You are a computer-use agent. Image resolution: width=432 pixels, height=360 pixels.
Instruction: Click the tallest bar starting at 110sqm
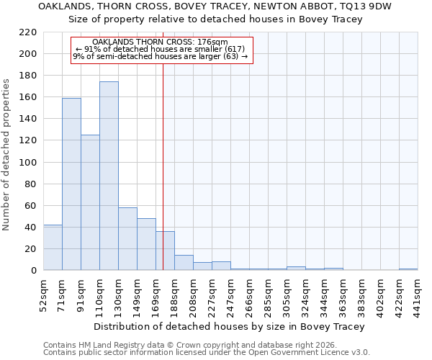click(109, 176)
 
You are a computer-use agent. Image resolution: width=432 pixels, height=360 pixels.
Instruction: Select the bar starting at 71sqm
click(71, 184)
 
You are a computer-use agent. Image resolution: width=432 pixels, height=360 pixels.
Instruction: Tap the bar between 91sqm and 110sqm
click(90, 202)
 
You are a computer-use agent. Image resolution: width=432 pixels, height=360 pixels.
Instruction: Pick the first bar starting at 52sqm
click(53, 248)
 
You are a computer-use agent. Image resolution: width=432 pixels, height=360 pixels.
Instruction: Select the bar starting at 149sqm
click(146, 244)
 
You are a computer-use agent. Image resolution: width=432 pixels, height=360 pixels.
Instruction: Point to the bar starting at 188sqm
click(184, 263)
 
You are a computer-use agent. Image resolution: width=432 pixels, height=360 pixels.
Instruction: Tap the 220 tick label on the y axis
click(28, 32)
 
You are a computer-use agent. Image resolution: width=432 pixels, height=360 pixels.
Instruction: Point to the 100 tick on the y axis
click(28, 163)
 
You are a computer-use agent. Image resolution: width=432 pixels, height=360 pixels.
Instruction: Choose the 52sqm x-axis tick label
click(44, 292)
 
